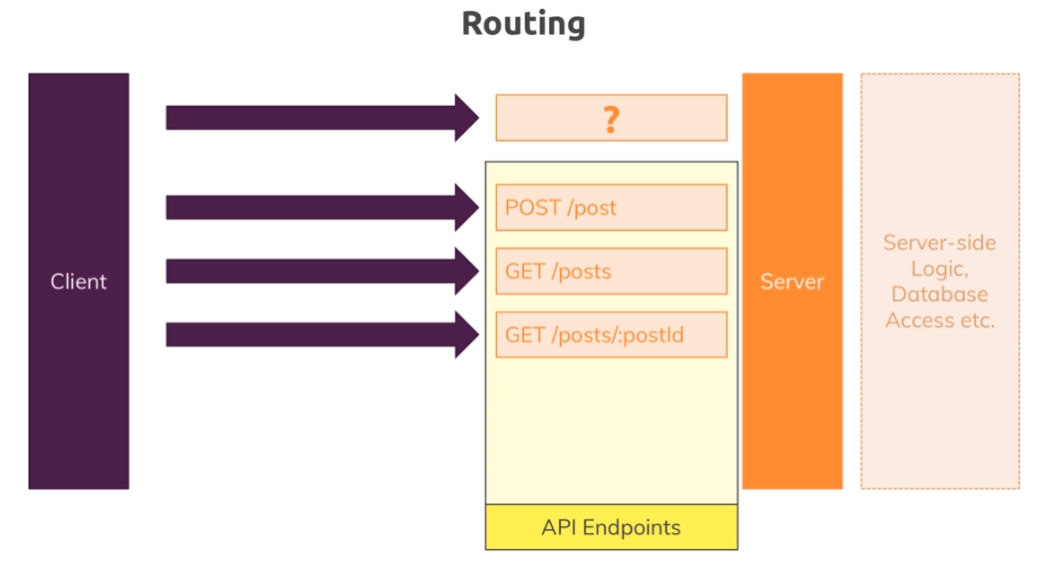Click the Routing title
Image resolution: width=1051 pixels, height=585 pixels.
pos(523,24)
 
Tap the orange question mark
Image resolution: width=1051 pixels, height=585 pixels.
pos(611,119)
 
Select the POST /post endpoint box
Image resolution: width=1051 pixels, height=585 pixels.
pos(611,208)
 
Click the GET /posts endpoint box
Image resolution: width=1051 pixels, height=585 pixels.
pos(611,272)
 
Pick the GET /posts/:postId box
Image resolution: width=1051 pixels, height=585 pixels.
pos(611,334)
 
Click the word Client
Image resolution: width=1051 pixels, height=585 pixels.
pos(79,282)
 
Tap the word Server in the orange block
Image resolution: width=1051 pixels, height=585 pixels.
pos(791,282)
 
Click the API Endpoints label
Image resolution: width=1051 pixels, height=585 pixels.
pos(611,527)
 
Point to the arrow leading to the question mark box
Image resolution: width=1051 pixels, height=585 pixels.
pos(319,118)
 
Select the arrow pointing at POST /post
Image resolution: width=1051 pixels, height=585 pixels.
pos(319,208)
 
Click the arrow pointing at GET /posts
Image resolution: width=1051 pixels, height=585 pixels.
pos(319,271)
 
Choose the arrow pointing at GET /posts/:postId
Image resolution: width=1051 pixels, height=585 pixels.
pos(319,334)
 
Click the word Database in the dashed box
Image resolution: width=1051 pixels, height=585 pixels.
pos(939,294)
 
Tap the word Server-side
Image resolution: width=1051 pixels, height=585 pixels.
pos(939,243)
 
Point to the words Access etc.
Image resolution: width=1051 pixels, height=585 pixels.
pos(939,320)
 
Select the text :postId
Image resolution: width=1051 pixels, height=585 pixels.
pos(654,334)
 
